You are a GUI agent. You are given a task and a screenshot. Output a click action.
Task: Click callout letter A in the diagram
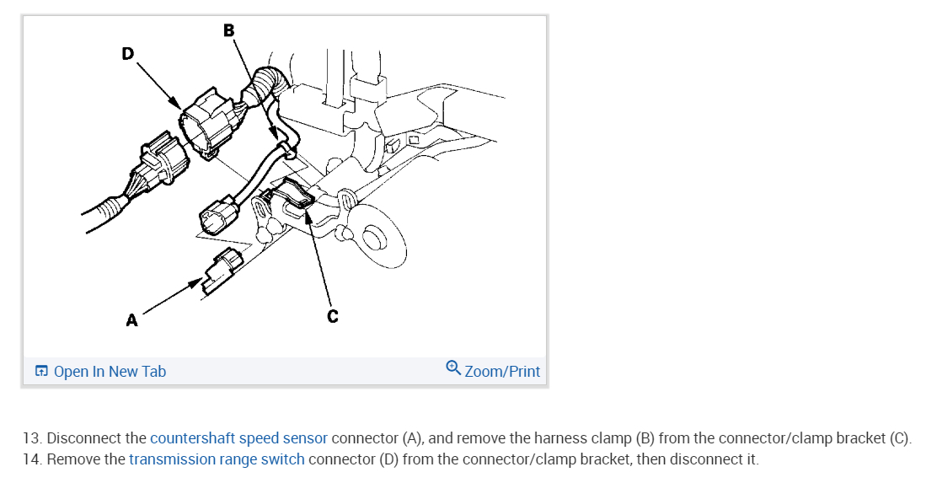click(131, 319)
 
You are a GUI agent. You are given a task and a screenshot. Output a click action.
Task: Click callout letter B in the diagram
click(229, 30)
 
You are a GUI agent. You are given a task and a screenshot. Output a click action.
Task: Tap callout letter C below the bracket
click(333, 316)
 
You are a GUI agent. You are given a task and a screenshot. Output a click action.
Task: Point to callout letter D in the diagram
click(127, 53)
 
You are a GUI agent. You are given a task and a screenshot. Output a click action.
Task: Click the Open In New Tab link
click(110, 372)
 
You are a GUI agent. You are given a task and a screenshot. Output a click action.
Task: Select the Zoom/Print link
click(502, 372)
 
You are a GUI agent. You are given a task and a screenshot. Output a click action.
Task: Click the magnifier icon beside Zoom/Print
click(453, 369)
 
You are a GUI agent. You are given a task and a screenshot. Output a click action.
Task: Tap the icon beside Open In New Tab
click(41, 372)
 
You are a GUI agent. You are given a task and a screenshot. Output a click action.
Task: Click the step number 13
click(31, 438)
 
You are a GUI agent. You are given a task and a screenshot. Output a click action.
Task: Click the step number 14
click(31, 459)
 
